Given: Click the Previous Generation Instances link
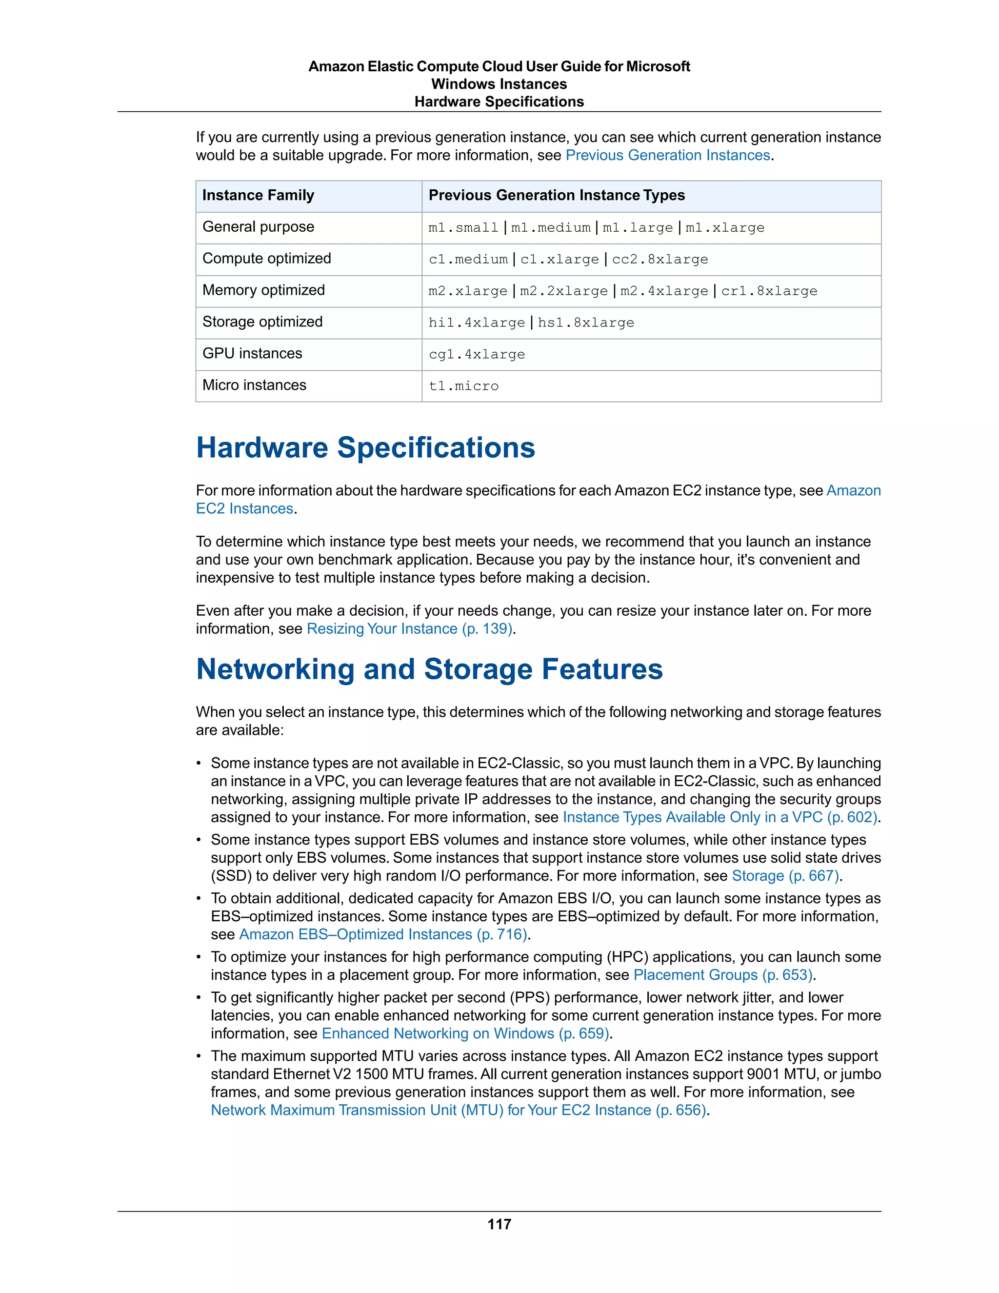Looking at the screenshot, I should [x=668, y=155].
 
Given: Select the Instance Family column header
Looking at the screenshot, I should [x=258, y=195].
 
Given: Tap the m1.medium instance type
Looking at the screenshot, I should [x=550, y=228].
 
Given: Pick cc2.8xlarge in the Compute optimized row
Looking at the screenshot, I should [x=660, y=259].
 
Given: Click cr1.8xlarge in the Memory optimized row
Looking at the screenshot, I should [x=769, y=291].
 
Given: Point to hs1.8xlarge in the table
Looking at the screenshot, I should [x=585, y=323].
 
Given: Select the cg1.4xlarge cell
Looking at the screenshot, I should [x=477, y=355].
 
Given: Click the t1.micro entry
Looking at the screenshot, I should [x=463, y=386].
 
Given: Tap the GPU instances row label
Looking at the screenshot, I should [x=252, y=353].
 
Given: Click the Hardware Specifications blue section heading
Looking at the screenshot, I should [x=365, y=447].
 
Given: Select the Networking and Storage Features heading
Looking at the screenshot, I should [x=429, y=669].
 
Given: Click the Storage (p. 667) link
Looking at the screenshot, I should [x=785, y=876].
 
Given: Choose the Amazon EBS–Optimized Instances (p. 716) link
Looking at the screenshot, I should [x=383, y=934].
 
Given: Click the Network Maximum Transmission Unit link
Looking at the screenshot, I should [x=459, y=1110].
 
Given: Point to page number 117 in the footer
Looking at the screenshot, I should [x=499, y=1224].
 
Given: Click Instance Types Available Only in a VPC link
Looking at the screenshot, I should [x=719, y=817].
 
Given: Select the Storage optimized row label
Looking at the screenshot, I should [x=262, y=322].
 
